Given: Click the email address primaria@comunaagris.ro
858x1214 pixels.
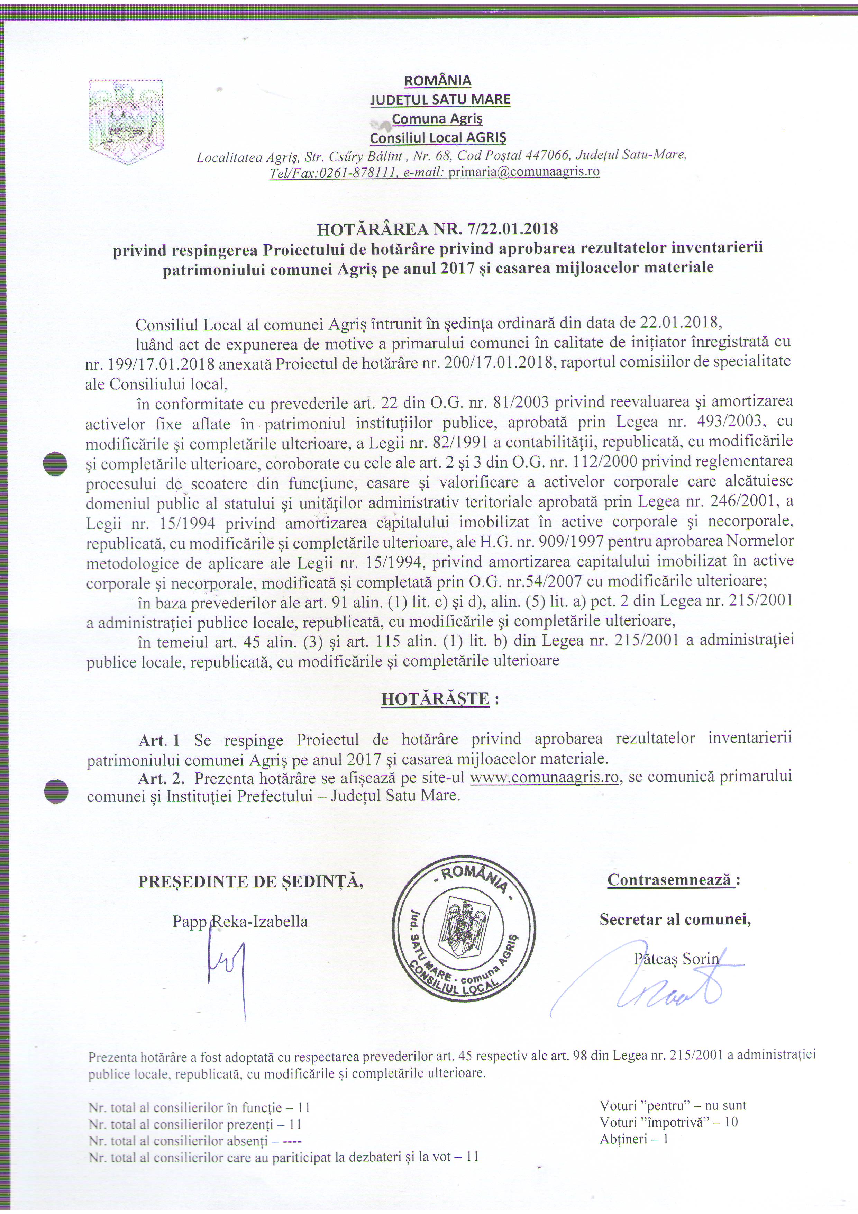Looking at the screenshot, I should pyautogui.click(x=523, y=172).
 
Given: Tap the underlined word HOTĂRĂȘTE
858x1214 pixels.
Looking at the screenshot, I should pyautogui.click(x=435, y=698).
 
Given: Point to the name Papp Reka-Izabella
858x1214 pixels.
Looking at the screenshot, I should pyautogui.click(x=240, y=922).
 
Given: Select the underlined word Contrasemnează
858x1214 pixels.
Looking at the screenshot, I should pyautogui.click(x=671, y=880).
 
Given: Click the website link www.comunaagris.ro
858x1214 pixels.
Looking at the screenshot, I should pyautogui.click(x=544, y=777).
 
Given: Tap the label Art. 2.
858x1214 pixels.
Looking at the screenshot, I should pyautogui.click(x=161, y=777).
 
